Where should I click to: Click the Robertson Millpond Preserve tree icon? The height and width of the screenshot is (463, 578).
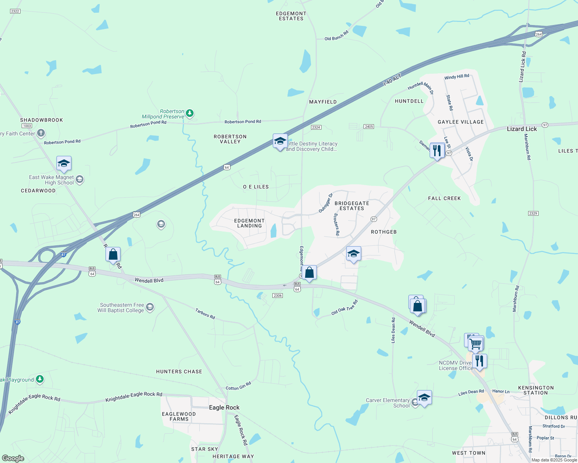[189, 113]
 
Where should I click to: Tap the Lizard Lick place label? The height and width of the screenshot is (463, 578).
[522, 129]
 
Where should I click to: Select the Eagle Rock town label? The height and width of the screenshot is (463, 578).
[224, 407]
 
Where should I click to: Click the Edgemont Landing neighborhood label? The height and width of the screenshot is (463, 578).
[249, 223]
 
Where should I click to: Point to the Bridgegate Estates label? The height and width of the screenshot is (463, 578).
[352, 206]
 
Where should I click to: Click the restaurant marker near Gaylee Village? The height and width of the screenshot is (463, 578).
[437, 150]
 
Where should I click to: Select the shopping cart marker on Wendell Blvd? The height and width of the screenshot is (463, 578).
[476, 343]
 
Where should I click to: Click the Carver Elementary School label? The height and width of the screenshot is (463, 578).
[388, 403]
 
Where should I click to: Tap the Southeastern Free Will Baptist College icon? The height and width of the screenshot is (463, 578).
[150, 308]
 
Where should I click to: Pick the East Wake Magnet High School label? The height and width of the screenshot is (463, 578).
[51, 180]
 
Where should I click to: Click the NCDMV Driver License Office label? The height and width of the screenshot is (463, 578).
[456, 365]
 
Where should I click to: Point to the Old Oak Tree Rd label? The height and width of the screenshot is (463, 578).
[345, 308]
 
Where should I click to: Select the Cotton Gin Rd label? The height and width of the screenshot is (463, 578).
[238, 386]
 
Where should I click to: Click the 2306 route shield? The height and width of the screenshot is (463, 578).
[277, 296]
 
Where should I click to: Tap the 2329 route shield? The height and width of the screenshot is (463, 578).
[533, 213]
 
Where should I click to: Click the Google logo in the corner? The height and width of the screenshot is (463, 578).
[13, 458]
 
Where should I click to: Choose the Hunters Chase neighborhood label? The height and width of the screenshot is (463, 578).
[179, 372]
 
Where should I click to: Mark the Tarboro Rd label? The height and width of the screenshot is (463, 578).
[205, 313]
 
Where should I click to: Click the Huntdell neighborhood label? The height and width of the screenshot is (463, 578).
[409, 101]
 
